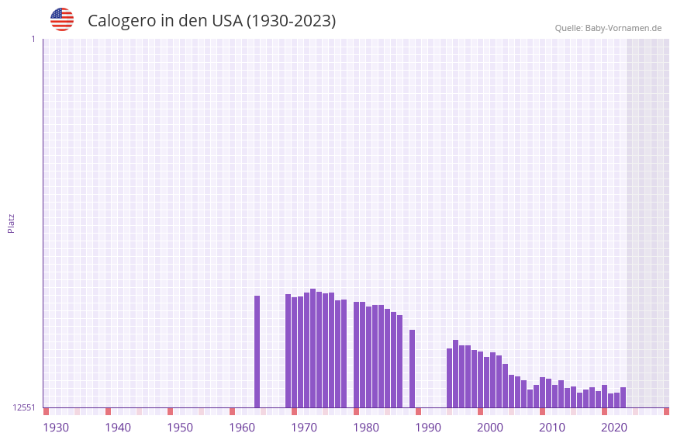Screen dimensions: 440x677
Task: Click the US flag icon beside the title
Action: [62, 19]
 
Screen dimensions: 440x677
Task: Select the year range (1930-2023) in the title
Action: [291, 21]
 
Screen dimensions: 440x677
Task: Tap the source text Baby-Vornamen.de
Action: [623, 28]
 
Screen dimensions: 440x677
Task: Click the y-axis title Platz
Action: [11, 223]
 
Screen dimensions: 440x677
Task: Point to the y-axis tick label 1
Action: [33, 39]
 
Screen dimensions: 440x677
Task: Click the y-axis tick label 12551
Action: [24, 407]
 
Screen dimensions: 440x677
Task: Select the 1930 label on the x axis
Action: [56, 428]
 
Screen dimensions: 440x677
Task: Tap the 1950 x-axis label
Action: [180, 428]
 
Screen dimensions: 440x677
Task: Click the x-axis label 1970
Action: [304, 428]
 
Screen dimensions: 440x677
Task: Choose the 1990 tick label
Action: [428, 428]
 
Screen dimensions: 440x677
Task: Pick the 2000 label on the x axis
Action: [490, 428]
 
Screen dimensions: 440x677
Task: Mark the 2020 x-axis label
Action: [614, 428]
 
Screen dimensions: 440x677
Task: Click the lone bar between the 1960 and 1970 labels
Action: [257, 351]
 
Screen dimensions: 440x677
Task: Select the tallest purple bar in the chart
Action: [313, 348]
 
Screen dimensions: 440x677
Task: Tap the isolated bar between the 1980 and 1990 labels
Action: [412, 369]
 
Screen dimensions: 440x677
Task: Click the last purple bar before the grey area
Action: [623, 397]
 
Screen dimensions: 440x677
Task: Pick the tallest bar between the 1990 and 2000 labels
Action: [455, 373]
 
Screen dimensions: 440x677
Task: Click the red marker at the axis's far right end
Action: [666, 411]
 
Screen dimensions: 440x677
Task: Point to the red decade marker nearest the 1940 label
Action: [108, 411]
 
